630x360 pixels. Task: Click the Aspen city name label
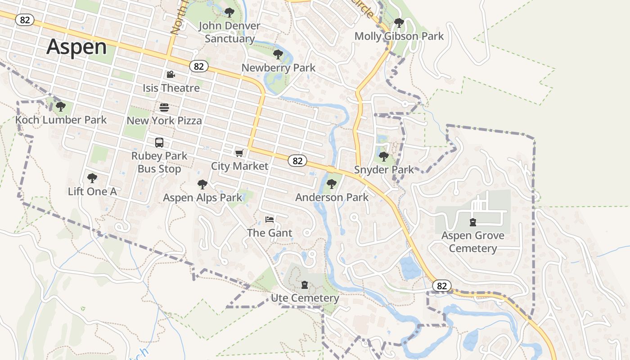coord(76,47)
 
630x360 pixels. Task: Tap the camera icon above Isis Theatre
coord(171,75)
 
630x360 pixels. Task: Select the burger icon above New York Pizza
coord(164,108)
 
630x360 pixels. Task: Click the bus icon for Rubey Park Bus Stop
coord(159,143)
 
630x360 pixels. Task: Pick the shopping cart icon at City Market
coord(239,153)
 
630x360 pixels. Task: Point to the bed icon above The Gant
coord(270,220)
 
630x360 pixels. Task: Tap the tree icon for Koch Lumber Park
coord(61,107)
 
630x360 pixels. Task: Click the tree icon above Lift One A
coord(92,178)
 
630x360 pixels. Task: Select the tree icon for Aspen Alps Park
coord(202,184)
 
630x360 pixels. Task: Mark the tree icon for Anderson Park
coord(332,184)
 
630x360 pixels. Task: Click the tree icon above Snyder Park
coord(384,157)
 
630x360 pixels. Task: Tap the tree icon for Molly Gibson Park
coord(399,22)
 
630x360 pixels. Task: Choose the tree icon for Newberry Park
coord(278,54)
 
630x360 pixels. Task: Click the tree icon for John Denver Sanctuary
coord(229,12)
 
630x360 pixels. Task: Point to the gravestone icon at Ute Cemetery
coord(305,285)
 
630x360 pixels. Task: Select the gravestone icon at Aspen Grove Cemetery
coord(472,222)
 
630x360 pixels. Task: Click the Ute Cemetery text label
coord(305,298)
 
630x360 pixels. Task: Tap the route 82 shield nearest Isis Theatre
coord(199,67)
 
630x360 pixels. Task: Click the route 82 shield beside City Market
coord(297,161)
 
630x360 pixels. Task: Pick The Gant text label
coord(270,233)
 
